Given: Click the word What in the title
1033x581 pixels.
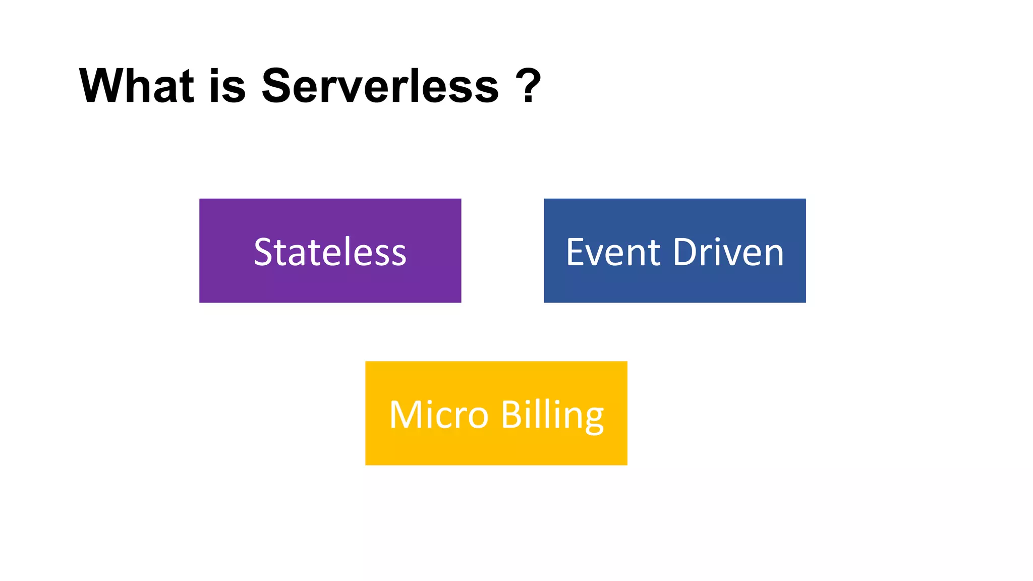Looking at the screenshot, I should click(x=136, y=86).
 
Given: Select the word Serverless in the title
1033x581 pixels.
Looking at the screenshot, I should click(x=380, y=86).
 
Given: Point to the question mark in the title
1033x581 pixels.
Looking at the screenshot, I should click(x=529, y=86).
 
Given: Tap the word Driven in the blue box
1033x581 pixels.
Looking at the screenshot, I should click(x=728, y=252).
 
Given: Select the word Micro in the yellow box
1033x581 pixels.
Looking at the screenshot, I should click(x=439, y=415).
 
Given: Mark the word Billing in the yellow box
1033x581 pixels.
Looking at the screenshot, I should click(x=552, y=415).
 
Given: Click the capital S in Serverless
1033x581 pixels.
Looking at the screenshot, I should click(x=279, y=86).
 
